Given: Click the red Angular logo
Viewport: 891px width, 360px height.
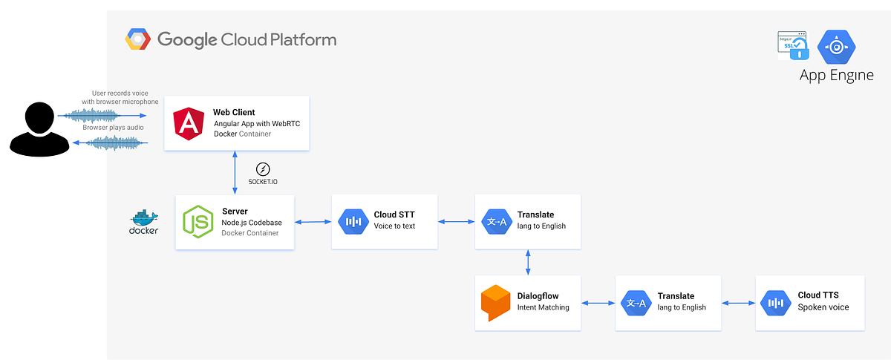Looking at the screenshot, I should coord(189,123).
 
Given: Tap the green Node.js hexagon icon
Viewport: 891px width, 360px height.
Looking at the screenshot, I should coord(199,221).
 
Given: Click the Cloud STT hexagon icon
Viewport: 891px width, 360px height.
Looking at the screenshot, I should coord(353,221).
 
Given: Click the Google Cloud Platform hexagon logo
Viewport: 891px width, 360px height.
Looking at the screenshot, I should coord(138,39).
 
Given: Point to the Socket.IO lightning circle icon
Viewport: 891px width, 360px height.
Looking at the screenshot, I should coord(263,168).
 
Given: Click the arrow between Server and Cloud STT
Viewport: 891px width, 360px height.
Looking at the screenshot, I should coord(313,221).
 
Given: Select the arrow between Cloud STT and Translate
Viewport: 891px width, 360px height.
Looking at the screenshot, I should coord(456,221).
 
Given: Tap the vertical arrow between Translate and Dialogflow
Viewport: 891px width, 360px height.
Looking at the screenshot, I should coord(528,262).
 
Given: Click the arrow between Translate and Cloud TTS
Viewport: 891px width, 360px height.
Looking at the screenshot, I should coord(739,303).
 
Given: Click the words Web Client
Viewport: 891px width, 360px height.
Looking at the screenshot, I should coord(234,112).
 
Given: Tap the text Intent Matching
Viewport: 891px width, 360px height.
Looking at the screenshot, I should coord(543,307).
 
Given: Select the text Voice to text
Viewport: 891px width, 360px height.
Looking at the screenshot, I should coord(394,226).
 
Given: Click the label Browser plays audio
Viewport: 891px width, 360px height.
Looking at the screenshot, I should coord(113,128).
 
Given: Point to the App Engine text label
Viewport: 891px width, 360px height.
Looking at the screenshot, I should coord(836,76).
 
